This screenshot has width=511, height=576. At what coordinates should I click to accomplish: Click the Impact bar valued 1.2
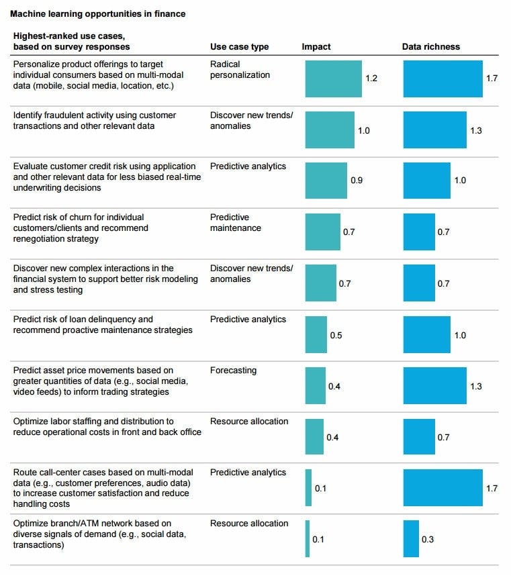click(333, 79)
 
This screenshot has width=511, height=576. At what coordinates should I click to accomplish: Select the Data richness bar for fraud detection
click(434, 130)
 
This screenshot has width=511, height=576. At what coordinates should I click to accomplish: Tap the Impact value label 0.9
click(357, 181)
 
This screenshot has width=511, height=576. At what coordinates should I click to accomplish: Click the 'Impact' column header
click(316, 47)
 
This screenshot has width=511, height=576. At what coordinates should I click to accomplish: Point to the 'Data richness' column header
click(431, 47)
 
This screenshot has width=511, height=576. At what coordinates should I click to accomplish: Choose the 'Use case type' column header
click(239, 47)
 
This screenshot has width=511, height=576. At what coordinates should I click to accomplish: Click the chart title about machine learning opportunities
click(98, 13)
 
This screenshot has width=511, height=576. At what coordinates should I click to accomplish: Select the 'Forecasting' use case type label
click(233, 371)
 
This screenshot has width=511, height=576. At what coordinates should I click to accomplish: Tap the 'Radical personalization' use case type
click(240, 70)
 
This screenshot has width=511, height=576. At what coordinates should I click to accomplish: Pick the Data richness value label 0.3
click(428, 539)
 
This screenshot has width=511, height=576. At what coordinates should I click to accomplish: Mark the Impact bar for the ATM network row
click(308, 538)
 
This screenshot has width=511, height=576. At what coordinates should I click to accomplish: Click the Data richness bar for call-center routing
click(443, 487)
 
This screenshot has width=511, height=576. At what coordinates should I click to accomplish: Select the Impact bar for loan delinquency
click(316, 334)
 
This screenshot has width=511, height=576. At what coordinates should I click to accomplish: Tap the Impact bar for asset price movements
click(315, 385)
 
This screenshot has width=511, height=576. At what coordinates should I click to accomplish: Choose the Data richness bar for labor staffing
click(419, 436)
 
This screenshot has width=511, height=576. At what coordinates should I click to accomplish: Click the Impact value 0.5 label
click(336, 335)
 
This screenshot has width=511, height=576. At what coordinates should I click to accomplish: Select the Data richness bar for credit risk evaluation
click(426, 181)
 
